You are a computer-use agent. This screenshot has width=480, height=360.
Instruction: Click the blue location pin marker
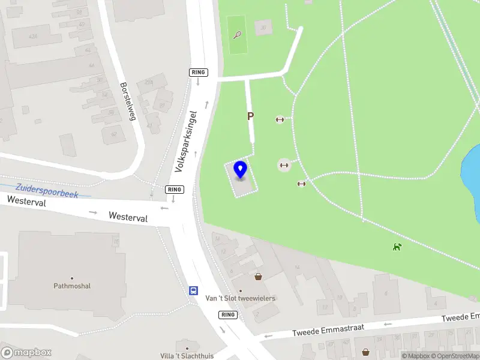pos(240,170)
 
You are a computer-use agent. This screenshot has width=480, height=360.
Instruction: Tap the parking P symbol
pos(250,117)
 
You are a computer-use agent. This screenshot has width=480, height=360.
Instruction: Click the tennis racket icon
pos(238,35)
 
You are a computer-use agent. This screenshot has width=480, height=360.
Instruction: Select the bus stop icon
pos(194,290)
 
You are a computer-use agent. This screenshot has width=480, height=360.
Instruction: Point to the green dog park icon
pos(397,246)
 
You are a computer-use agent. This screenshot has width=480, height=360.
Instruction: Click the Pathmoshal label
pos(72,286)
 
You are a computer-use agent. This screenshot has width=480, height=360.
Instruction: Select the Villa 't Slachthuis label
pos(187,356)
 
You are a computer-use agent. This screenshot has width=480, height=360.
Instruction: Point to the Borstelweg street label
pos(128,101)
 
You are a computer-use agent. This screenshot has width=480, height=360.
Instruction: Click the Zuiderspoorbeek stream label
pos(47,191)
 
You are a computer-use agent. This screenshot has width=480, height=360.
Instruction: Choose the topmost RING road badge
pos(198,73)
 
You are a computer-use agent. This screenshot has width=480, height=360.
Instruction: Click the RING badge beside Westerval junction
pos(174,190)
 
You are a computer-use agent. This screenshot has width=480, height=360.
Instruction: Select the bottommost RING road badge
pos(228,315)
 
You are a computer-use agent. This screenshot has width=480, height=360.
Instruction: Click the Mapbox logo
pos(26,353)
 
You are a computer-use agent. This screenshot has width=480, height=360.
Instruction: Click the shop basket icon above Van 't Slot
pos(258,277)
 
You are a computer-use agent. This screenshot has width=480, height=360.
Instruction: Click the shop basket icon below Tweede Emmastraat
pos(365,352)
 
